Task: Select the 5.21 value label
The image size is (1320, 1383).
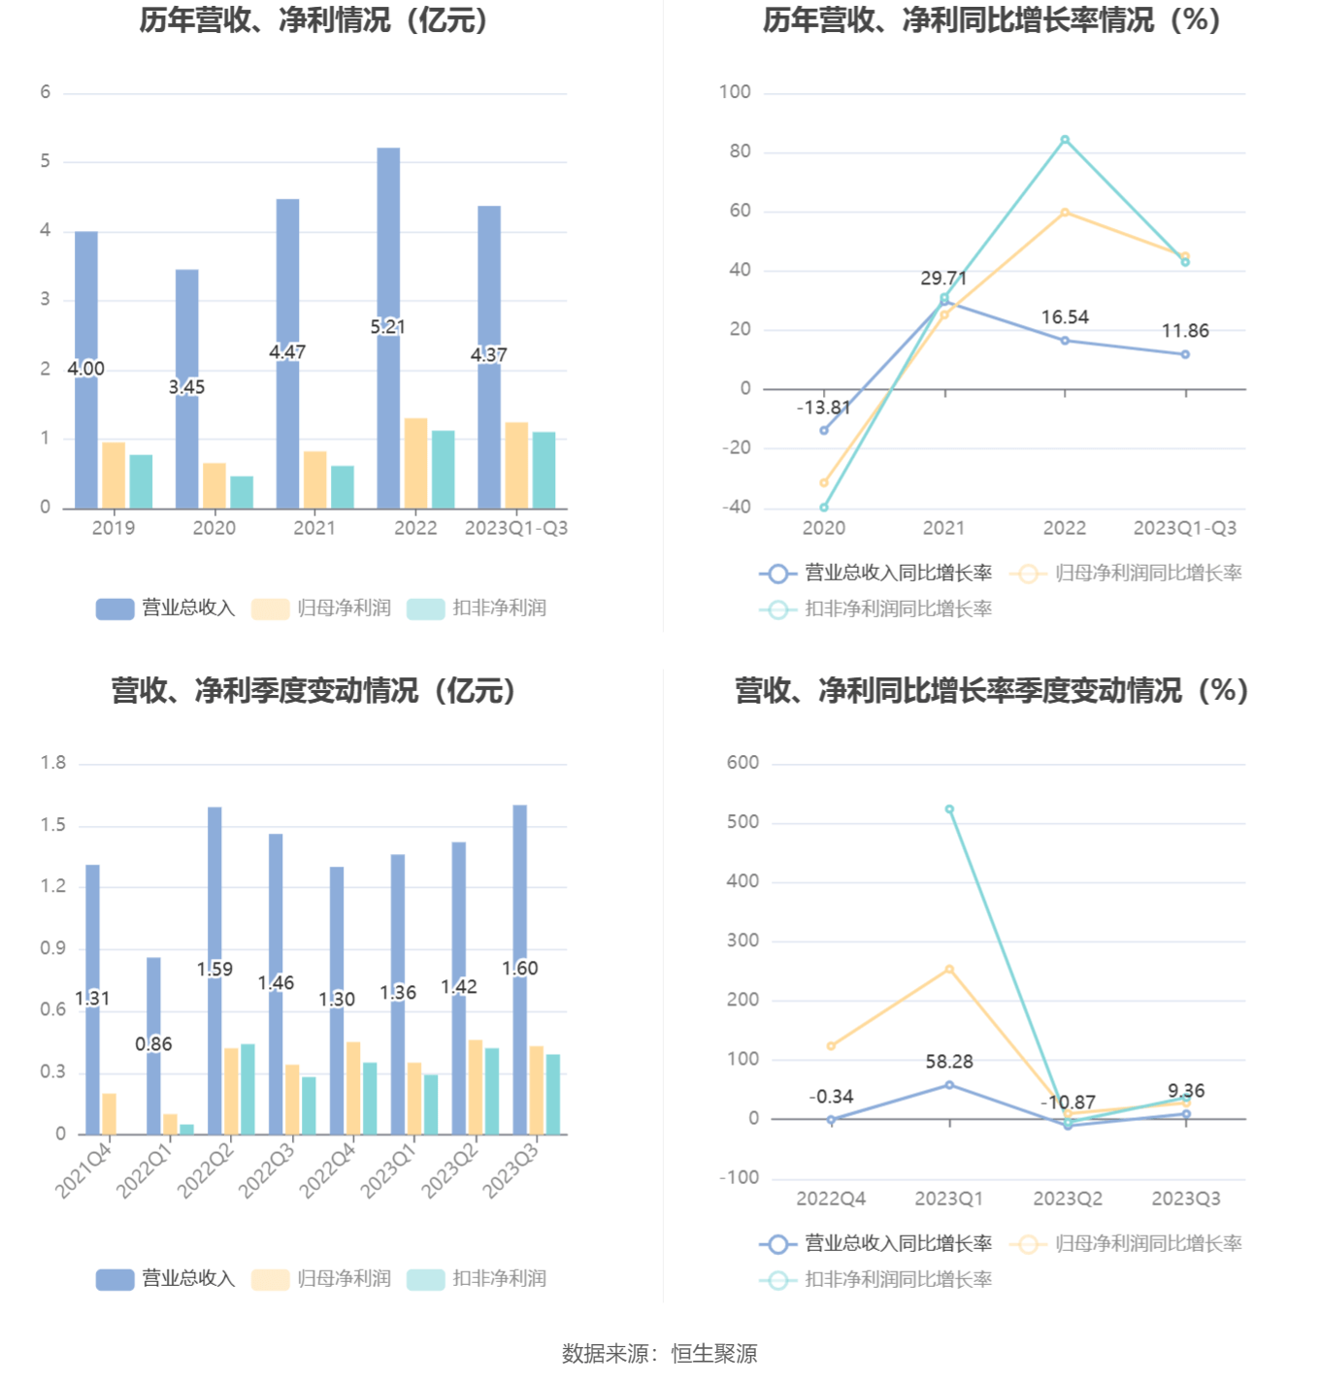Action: click(x=387, y=327)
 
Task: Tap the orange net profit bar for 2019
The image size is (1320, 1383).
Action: click(x=114, y=475)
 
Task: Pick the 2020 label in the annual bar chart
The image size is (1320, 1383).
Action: click(x=214, y=528)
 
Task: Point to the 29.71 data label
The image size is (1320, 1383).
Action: click(x=943, y=279)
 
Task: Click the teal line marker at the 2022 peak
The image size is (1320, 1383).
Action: click(x=1065, y=140)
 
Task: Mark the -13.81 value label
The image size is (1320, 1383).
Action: click(x=823, y=408)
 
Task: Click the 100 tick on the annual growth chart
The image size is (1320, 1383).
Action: click(x=735, y=92)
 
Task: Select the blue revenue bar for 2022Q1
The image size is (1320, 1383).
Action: click(x=153, y=1000)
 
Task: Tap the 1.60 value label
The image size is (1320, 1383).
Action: click(x=519, y=969)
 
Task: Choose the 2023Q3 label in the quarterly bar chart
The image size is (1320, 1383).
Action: click(x=511, y=1170)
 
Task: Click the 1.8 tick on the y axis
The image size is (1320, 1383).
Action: click(x=53, y=763)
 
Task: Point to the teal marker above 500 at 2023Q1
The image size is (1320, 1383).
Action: click(x=949, y=809)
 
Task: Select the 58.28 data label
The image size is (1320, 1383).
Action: click(x=949, y=1062)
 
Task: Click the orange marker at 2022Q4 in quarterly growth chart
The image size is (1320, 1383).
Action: click(x=831, y=1046)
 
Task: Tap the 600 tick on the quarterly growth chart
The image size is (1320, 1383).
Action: click(x=742, y=763)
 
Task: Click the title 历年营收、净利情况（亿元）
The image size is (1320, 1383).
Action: click(x=313, y=20)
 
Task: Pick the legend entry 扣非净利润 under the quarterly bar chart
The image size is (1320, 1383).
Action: click(x=478, y=1279)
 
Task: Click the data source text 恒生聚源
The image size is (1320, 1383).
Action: click(x=714, y=1354)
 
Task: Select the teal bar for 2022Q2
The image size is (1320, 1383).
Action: click(x=247, y=1089)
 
